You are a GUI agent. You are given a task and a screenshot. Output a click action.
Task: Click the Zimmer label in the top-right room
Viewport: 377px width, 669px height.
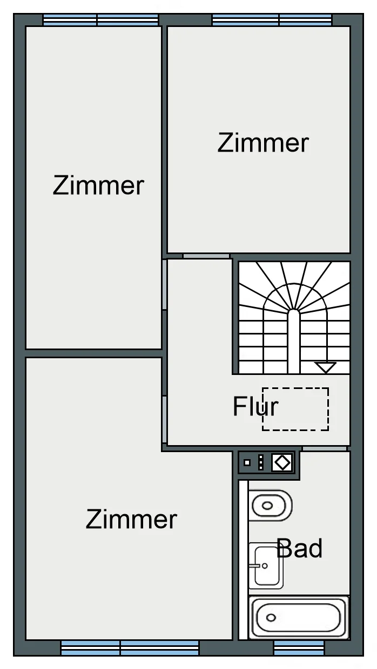[263, 143]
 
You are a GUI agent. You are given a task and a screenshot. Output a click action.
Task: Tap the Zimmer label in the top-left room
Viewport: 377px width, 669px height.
[98, 186]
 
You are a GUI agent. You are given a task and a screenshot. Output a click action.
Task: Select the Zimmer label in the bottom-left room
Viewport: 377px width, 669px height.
[131, 520]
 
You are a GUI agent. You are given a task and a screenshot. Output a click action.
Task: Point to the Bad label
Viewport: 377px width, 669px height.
[300, 548]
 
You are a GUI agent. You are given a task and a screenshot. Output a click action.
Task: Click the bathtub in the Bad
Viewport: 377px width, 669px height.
[299, 618]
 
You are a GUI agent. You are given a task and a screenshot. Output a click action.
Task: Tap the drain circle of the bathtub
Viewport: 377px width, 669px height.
[271, 618]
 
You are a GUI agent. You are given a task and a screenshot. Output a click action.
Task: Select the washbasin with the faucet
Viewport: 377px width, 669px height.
[266, 565]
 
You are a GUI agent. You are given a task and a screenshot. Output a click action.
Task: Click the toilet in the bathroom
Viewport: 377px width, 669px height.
[270, 506]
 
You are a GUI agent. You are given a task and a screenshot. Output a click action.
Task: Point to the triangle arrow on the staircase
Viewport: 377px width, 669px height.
[326, 367]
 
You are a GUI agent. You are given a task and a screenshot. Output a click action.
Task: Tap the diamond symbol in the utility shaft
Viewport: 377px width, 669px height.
[282, 462]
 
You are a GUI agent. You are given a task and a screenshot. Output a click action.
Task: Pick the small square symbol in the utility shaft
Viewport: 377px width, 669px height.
[247, 462]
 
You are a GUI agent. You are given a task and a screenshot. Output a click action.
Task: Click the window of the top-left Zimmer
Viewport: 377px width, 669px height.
[100, 20]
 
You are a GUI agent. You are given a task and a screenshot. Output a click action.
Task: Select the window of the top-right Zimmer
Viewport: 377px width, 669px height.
[272, 20]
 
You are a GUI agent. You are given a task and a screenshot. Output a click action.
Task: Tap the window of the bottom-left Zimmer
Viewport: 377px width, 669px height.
[130, 647]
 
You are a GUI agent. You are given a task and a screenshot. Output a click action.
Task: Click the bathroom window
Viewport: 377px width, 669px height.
[299, 647]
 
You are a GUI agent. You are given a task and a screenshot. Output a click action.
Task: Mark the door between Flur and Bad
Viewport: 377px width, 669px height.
[325, 448]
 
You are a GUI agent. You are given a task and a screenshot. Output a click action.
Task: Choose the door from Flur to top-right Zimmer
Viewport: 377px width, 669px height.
[206, 256]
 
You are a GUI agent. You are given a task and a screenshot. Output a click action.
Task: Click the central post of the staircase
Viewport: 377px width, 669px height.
[294, 341]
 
